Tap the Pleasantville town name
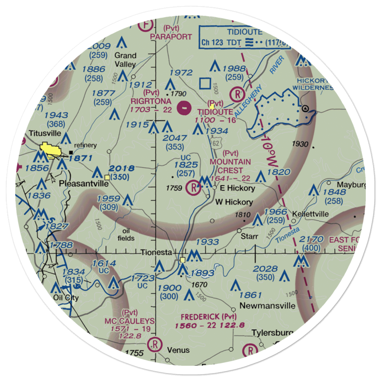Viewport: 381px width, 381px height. pyautogui.click(x=83, y=183)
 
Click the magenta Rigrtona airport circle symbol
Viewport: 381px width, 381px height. pyautogui.click(x=184, y=108)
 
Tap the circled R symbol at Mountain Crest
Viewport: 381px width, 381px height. pyautogui.click(x=193, y=187)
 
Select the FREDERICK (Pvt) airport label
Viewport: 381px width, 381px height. pyautogui.click(x=208, y=317)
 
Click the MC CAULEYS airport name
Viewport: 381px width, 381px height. pyautogui.click(x=130, y=321)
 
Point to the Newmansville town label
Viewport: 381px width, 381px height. pyautogui.click(x=267, y=306)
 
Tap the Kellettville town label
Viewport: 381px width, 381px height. pyautogui.click(x=310, y=214)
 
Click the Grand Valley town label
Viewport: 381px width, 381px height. pyautogui.click(x=125, y=59)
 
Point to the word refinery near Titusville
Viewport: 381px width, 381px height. pyautogui.click(x=86, y=145)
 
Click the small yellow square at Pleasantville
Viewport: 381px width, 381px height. pyautogui.click(x=107, y=177)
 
